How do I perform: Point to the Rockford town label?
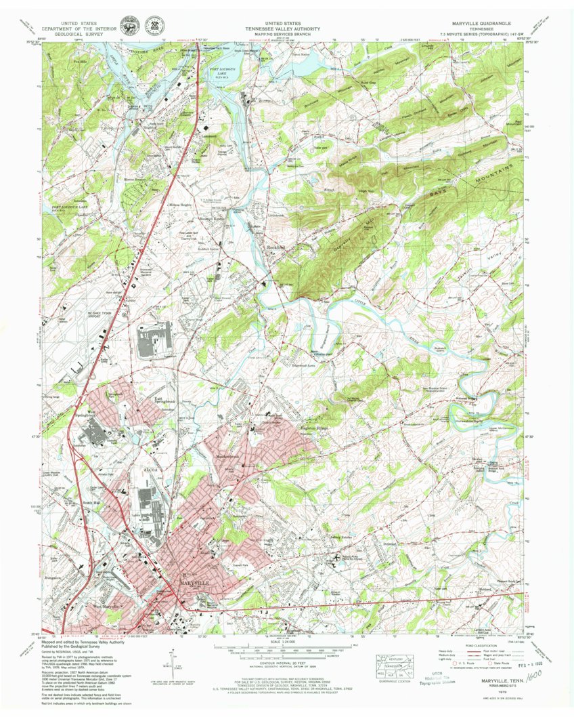(278, 248)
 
